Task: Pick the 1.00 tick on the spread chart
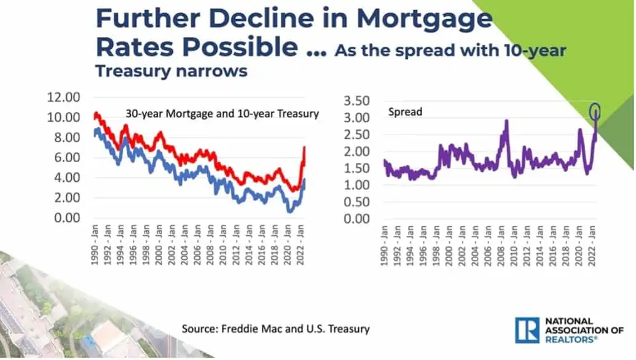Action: point(359,185)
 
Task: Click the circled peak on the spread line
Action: point(595,111)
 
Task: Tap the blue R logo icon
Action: point(527,330)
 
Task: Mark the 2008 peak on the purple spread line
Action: point(507,121)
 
